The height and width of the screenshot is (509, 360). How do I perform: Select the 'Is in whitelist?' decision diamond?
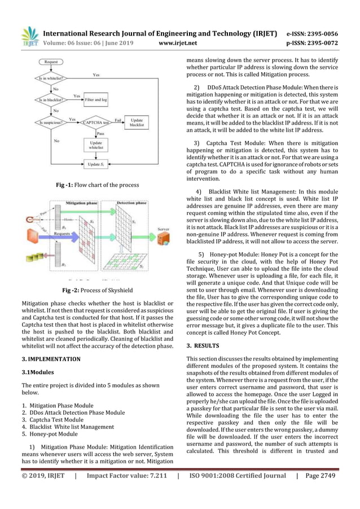pos(51,79)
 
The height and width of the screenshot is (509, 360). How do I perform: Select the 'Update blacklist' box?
pos(137,122)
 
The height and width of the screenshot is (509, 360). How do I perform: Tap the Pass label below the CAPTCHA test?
pos(100,133)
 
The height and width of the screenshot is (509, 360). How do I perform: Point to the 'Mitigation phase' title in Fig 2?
pos(84,201)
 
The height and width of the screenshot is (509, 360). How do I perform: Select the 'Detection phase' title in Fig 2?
pos(133,201)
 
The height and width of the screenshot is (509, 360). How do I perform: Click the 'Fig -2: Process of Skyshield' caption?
pos(96,291)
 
